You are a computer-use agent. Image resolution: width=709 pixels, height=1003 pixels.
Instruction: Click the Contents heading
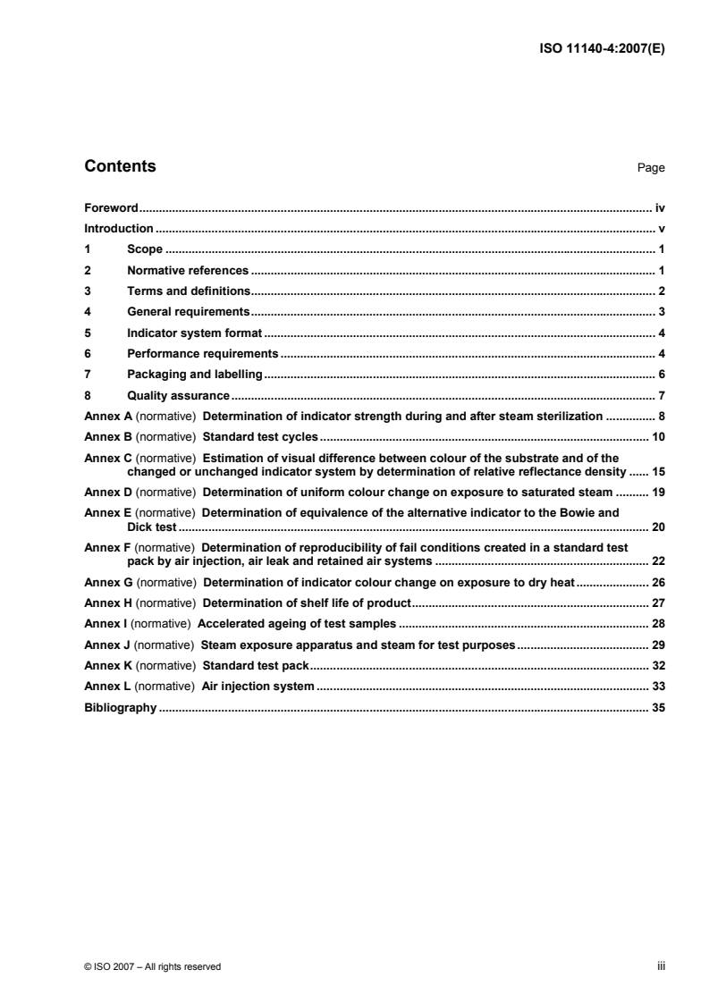[x=120, y=166]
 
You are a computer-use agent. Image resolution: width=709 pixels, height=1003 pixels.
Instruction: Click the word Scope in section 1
[x=145, y=249]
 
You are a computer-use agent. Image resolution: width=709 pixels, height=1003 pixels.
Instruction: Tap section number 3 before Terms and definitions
[x=87, y=291]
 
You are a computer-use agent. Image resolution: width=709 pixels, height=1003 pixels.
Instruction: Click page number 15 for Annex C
[x=658, y=470]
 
